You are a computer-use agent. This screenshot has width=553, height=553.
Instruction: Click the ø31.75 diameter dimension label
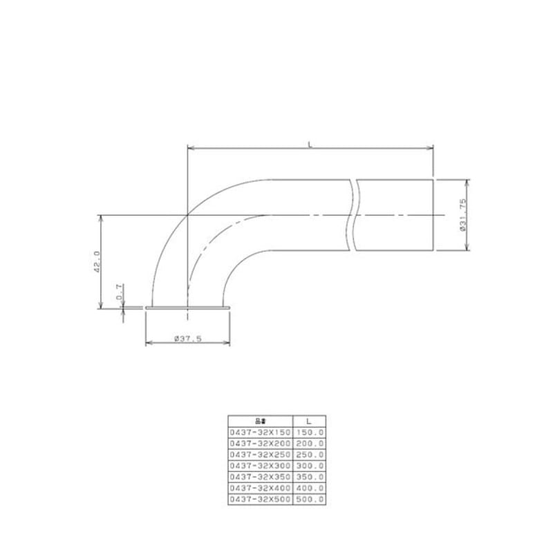coord(462,215)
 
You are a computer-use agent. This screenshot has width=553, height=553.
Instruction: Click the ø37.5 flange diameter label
coord(187,338)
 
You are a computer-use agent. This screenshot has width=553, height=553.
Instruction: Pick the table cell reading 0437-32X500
coord(261,499)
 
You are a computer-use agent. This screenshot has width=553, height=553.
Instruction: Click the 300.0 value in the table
coord(310,466)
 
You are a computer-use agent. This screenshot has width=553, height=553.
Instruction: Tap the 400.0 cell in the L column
coord(310,488)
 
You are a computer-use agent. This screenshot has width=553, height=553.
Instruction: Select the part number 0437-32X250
coord(261,455)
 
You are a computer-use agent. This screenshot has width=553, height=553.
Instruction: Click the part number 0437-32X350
coord(261,477)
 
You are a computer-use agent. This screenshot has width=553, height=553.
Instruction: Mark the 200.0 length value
coord(310,443)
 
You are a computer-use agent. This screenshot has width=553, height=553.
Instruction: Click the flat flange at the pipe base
coord(187,307)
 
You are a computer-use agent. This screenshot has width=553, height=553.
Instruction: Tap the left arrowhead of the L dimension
coord(191,147)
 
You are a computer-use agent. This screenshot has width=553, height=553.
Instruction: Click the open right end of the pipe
coord(433,215)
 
